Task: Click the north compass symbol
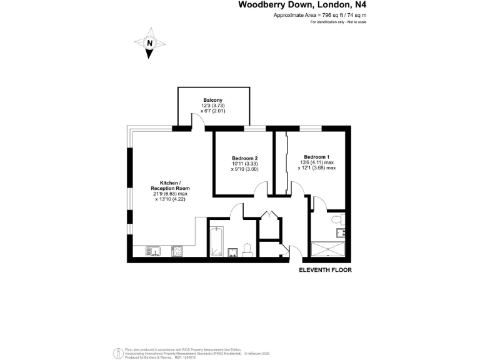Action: [x=149, y=44]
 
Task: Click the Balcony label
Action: [x=212, y=100]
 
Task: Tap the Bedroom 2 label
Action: [x=244, y=158]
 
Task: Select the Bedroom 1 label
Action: [x=317, y=156]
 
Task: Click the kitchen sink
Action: [x=154, y=251]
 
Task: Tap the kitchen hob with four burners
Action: [x=177, y=251]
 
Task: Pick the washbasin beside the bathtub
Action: [x=232, y=252]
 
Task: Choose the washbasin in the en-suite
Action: [x=340, y=233]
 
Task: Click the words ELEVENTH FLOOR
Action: [x=325, y=270]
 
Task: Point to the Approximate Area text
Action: [x=320, y=14]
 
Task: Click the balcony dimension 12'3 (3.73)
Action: [x=212, y=106]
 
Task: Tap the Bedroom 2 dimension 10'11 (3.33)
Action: [x=244, y=164]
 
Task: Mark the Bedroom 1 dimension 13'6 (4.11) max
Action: [x=317, y=162]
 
